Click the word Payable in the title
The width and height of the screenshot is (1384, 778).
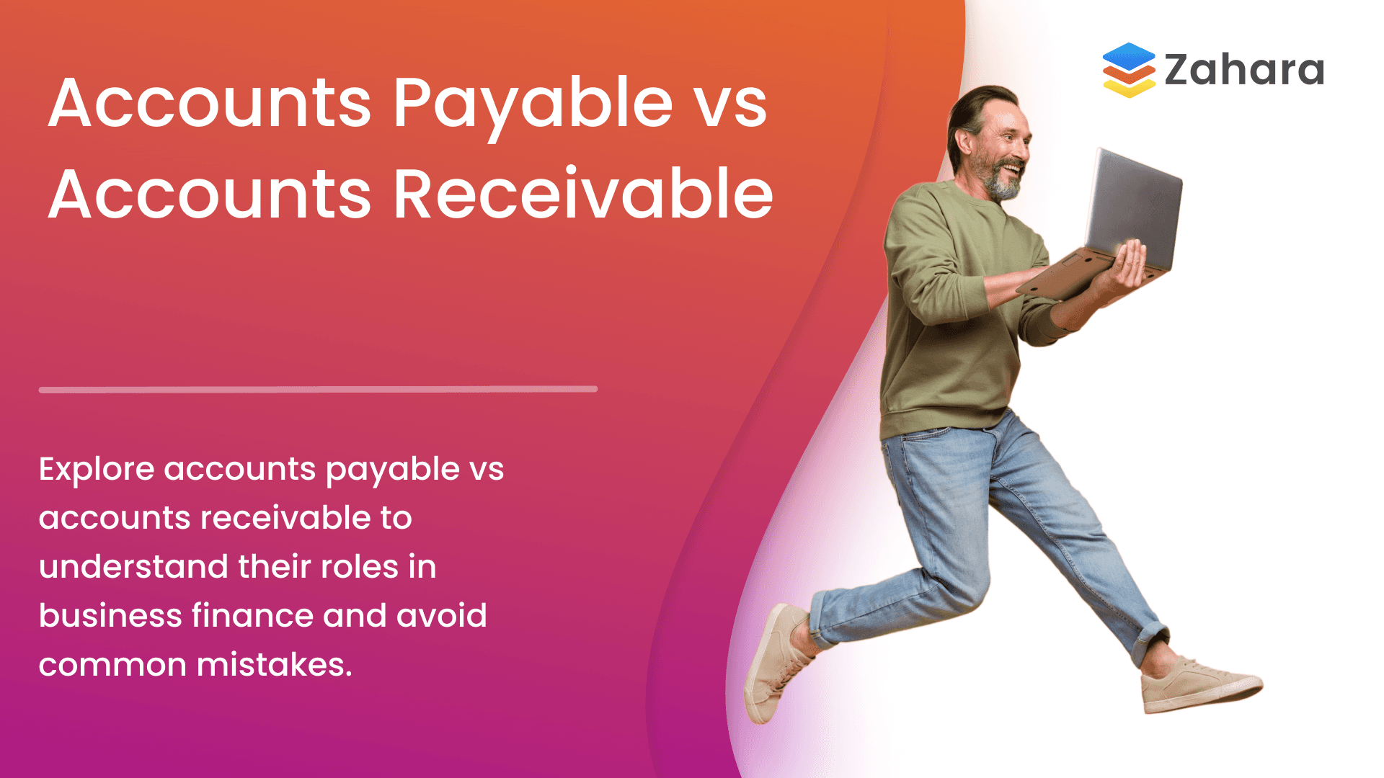pos(532,104)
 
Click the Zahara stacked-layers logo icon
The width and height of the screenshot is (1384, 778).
pos(1128,70)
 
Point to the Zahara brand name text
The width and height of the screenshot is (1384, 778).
pos(1244,71)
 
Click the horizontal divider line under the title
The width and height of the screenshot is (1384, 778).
pos(318,390)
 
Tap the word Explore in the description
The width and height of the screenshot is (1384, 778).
pos(97,470)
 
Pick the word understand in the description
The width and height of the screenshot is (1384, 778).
pos(133,567)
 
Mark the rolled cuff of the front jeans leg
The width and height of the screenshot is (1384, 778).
pos(1150,641)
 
